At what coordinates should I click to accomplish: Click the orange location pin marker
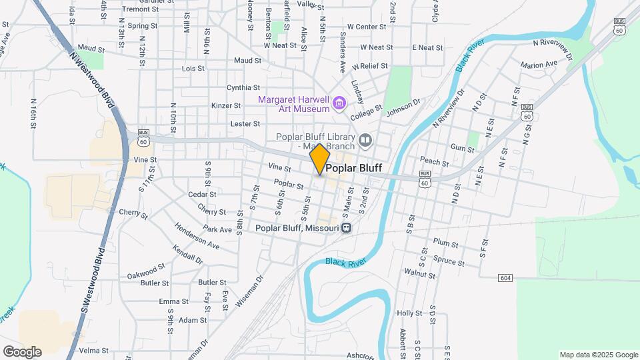pyautogui.click(x=319, y=159)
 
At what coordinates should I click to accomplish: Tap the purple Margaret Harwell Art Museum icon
pyautogui.click(x=340, y=103)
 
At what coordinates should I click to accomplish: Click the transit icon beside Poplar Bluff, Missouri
pyautogui.click(x=347, y=228)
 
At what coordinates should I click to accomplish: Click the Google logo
pyautogui.click(x=22, y=352)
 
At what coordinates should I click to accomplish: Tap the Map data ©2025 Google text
pyautogui.click(x=599, y=355)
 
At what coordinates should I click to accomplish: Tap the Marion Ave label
pyautogui.click(x=539, y=65)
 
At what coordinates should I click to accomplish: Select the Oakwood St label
pyautogui.click(x=146, y=271)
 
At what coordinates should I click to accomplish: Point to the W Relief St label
pyautogui.click(x=370, y=66)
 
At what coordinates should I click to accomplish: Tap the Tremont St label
pyautogui.click(x=139, y=9)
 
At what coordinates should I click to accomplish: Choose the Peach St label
pyautogui.click(x=434, y=161)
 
